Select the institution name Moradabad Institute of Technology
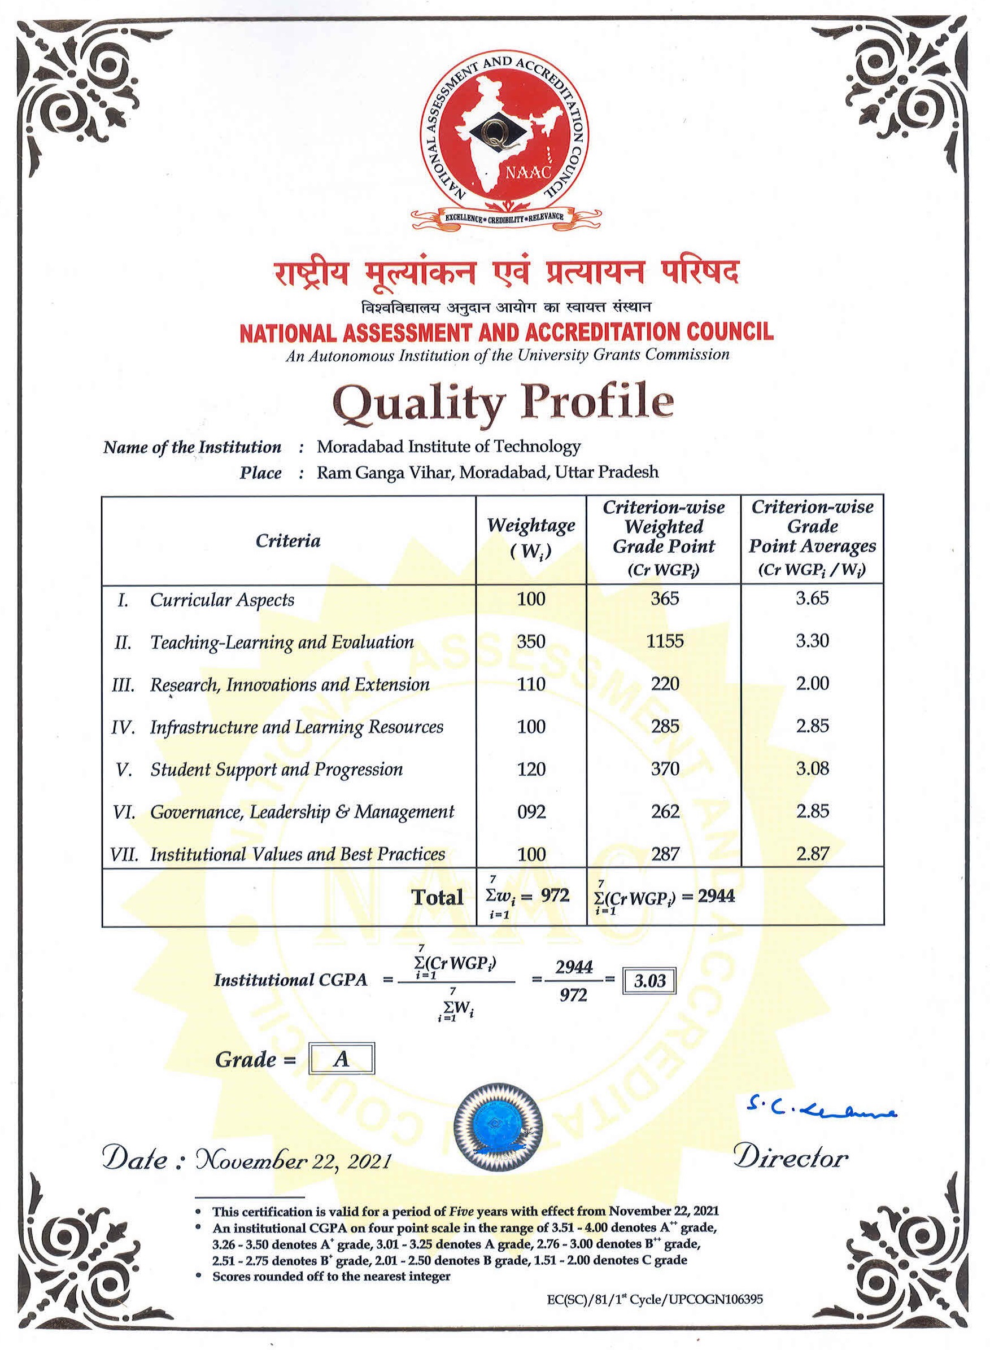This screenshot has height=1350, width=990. (x=448, y=447)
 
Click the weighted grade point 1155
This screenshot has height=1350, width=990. (x=665, y=641)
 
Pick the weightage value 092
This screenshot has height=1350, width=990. (x=531, y=812)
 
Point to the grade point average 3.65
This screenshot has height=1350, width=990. (x=812, y=598)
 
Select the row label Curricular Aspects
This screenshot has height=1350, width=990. (x=222, y=600)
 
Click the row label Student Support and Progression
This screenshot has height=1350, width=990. (x=276, y=770)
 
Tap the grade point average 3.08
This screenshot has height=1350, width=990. (x=812, y=769)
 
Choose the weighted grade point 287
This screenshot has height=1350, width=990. (x=665, y=854)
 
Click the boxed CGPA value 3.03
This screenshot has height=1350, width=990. (x=649, y=981)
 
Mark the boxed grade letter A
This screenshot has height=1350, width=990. (x=341, y=1059)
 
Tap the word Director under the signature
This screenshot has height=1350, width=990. (x=791, y=1157)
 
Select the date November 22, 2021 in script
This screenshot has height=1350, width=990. (x=293, y=1161)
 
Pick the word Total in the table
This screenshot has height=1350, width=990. (x=438, y=897)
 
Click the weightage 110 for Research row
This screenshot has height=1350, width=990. (x=531, y=684)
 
